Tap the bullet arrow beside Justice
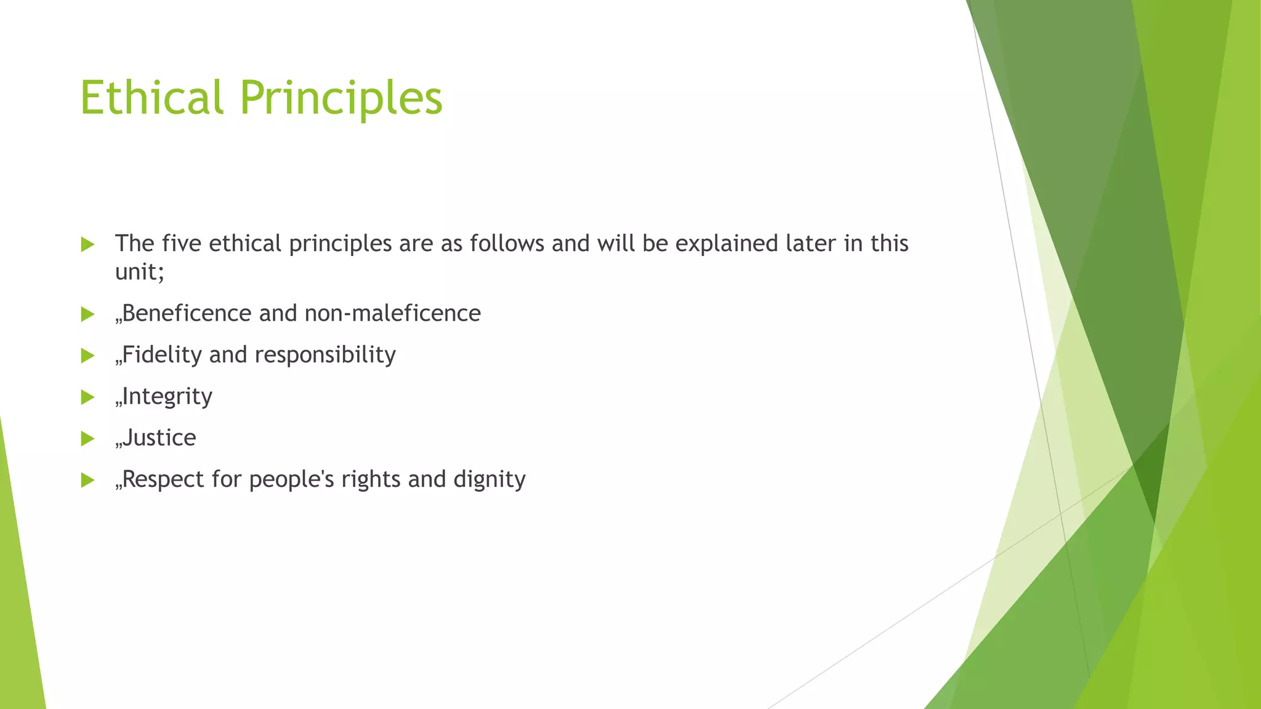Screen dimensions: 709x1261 [x=87, y=439]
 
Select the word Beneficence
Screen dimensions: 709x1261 [x=187, y=313]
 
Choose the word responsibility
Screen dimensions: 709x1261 [x=324, y=355]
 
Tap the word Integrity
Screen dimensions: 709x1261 [x=167, y=397]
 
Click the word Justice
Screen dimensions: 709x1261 [x=159, y=438]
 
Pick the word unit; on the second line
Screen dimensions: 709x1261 [x=140, y=271]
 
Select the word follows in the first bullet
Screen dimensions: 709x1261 [x=507, y=244]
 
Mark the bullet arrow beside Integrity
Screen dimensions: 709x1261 [x=87, y=397]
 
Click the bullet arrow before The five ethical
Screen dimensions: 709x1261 [x=87, y=244]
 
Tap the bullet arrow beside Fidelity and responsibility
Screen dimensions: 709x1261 [x=87, y=356]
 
